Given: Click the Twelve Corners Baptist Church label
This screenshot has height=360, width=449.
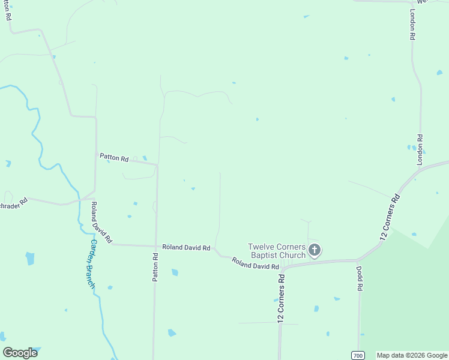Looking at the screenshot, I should [277, 251].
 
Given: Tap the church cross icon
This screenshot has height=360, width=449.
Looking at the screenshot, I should [315, 250].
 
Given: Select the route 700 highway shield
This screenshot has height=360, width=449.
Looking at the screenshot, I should [358, 355].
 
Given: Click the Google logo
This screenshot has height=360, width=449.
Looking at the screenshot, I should [20, 353].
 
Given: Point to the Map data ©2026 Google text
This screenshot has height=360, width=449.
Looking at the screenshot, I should [412, 355].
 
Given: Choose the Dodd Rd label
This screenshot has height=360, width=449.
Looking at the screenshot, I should [360, 278].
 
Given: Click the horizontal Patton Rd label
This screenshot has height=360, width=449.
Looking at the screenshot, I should [113, 159].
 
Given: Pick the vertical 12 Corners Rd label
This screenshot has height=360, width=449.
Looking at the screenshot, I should [280, 299].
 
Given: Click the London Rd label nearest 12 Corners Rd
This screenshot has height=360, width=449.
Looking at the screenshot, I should [420, 149].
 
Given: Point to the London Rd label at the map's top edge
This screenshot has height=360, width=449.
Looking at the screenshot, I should [412, 25].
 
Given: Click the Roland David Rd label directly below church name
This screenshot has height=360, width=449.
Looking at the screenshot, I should [255, 263].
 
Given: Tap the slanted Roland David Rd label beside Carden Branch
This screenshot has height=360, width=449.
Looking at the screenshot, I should [101, 222].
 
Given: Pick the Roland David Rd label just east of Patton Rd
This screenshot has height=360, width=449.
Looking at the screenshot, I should [186, 247].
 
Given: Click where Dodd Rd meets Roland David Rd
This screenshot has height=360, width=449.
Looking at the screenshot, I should [358, 260].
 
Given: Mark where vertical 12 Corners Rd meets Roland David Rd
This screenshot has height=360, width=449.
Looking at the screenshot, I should [282, 268].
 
